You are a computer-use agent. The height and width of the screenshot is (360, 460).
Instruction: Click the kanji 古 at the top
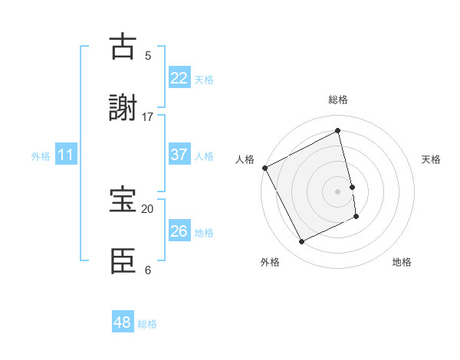coord(122,47)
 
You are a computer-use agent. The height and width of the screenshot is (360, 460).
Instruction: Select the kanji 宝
coord(123,200)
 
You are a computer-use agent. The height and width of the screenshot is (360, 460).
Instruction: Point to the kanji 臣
coord(123,260)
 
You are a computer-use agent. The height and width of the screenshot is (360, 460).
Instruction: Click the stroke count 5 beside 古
coord(148,55)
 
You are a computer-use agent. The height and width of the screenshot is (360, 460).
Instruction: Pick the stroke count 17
coord(148,116)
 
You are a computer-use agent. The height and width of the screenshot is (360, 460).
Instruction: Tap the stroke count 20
coord(148,208)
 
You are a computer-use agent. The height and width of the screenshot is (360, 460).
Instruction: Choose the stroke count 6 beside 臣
coord(148,270)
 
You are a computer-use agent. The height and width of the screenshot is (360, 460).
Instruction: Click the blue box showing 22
coord(179,78)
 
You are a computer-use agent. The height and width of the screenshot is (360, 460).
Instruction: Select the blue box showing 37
coord(179,155)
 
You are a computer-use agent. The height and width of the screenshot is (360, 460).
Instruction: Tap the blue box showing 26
coord(179,231)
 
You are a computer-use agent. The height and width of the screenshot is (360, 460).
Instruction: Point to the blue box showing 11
coord(66,155)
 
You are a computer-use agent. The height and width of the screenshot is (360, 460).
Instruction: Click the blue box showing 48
coord(123,322)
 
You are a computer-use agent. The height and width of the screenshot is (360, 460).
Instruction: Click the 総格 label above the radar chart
coord(338,100)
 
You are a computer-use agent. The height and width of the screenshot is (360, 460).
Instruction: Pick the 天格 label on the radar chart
coord(432,159)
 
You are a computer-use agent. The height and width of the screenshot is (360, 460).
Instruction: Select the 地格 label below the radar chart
coord(402,262)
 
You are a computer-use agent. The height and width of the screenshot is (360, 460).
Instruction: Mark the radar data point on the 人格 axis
coord(265,168)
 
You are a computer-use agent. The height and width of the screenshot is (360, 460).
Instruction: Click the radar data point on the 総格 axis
coord(338,130)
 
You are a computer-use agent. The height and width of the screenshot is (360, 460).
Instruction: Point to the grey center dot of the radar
coord(338,191)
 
